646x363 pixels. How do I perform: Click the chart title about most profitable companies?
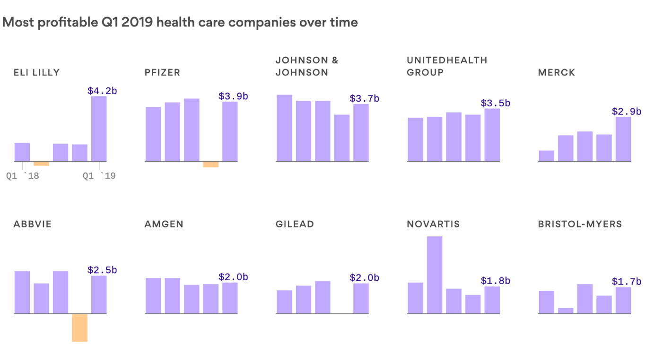180,22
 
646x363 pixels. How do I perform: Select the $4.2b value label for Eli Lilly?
102,91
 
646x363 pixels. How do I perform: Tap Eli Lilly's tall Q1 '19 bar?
99,129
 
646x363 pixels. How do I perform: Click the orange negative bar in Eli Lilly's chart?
42,164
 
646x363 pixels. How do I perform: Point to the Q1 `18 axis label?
22,176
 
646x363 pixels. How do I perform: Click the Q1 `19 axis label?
99,176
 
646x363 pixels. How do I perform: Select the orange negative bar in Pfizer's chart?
211,164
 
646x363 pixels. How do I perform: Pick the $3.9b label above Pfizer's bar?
233,96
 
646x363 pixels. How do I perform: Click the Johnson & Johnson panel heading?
307,66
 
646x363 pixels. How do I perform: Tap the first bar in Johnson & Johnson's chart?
284,128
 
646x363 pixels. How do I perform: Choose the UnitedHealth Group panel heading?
446,66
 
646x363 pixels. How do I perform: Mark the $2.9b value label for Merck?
627,112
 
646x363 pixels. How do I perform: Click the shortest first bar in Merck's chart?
546,156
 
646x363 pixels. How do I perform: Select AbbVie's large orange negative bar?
79,328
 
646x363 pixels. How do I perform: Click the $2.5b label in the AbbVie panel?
102,270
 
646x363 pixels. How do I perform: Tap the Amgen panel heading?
164,224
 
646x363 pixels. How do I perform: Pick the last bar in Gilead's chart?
361,298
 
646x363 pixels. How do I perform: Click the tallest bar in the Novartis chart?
435,275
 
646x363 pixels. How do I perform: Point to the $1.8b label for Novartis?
495,281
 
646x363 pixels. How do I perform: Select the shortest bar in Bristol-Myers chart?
566,311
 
